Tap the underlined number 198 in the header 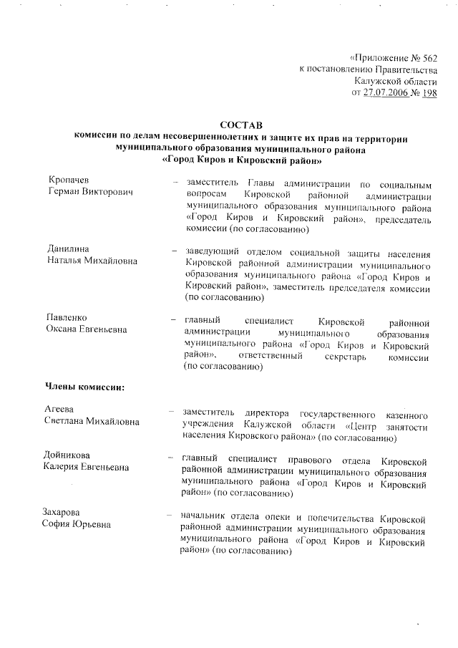(x=429, y=92)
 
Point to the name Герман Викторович (x=89, y=193)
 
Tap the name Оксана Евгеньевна (x=87, y=330)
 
